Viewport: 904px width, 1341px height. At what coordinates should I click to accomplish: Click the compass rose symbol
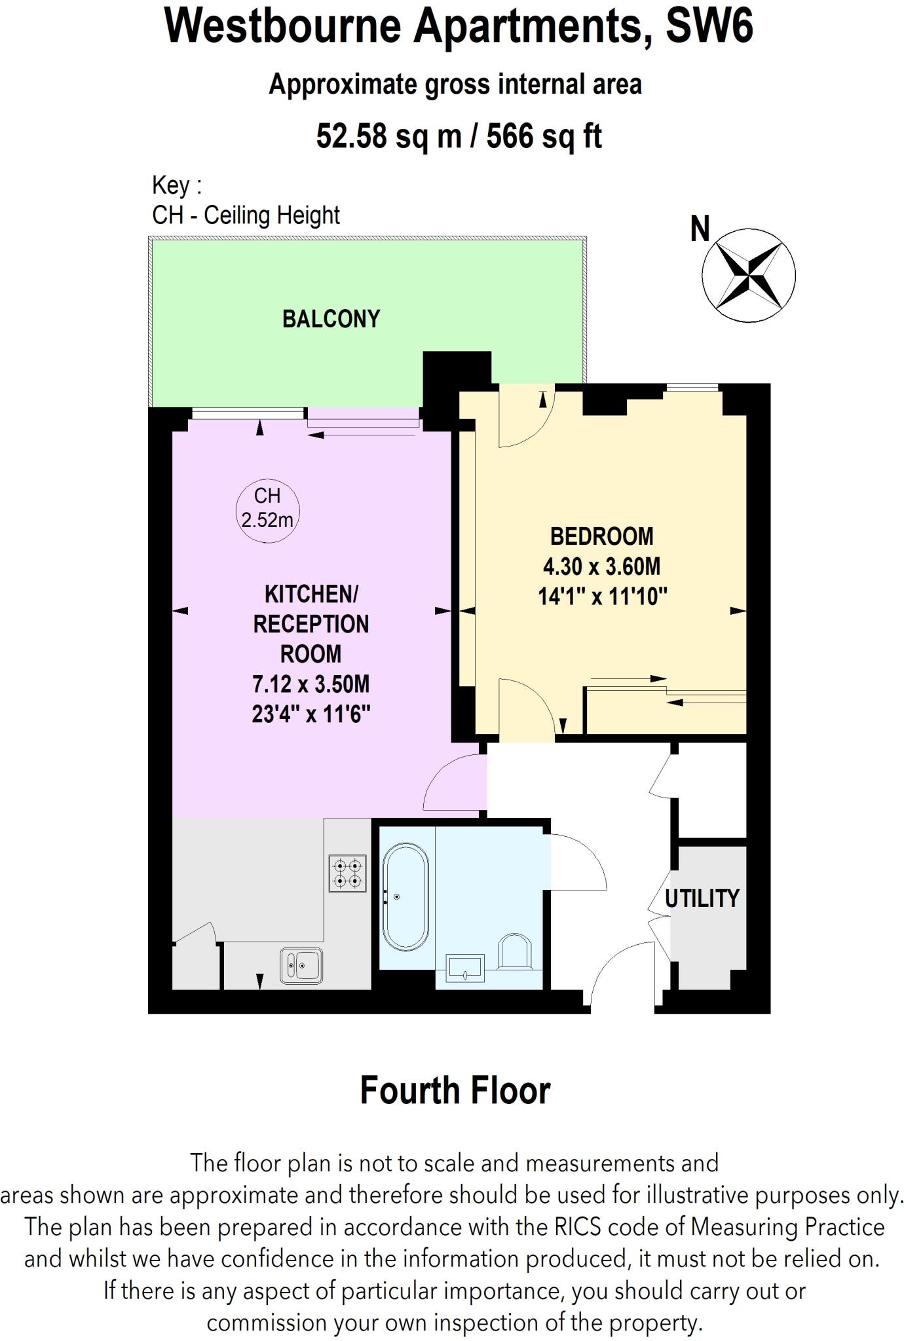[x=748, y=275]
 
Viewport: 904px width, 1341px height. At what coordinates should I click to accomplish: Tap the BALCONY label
[x=331, y=319]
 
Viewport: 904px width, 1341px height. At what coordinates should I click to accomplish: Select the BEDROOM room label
[x=601, y=536]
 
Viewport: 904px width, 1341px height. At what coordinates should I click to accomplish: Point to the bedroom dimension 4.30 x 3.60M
[x=601, y=566]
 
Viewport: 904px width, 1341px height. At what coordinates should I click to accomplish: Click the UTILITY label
[x=702, y=898]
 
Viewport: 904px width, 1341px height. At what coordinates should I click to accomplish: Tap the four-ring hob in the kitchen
[x=347, y=873]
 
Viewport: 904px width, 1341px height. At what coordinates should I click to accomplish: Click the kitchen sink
[x=301, y=965]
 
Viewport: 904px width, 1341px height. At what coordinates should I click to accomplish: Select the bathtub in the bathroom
[x=405, y=896]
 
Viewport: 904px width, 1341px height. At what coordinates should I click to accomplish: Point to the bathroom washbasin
[x=464, y=968]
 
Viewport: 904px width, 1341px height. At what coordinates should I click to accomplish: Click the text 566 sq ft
[x=544, y=136]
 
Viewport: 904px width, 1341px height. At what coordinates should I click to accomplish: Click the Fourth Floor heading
[x=455, y=1091]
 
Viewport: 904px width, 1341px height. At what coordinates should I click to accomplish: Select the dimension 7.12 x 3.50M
[x=311, y=684]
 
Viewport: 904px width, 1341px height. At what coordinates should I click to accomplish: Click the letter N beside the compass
[x=700, y=229]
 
